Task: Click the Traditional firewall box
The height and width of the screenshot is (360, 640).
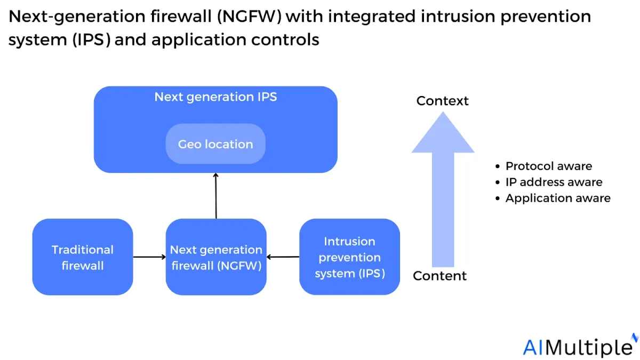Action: [x=83, y=257]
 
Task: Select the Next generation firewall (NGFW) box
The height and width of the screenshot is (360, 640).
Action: [x=216, y=257]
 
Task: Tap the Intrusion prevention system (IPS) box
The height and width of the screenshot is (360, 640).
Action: [x=349, y=257]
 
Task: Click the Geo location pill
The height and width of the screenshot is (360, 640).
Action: [x=215, y=143]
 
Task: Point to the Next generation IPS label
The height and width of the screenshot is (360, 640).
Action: [x=215, y=97]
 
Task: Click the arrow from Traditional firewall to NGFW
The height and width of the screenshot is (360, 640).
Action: [x=149, y=257]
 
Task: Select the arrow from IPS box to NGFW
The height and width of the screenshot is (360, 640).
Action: [x=283, y=257]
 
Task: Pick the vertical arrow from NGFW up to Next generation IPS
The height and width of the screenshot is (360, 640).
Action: [x=216, y=196]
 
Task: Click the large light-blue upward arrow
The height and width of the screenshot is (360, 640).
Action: [x=443, y=189]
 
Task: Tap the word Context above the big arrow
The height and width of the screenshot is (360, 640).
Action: [x=442, y=101]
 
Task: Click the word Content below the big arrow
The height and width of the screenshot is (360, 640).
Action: [x=439, y=276]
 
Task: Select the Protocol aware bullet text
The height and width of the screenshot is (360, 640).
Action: [x=549, y=166]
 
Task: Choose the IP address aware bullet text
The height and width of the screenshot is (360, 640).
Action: [x=554, y=182]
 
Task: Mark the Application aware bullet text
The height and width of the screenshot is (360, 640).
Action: [x=558, y=198]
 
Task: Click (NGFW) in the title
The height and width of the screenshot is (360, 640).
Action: [x=249, y=17]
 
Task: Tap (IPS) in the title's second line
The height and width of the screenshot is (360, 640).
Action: [x=91, y=39]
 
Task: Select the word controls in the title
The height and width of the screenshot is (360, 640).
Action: [x=285, y=39]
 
